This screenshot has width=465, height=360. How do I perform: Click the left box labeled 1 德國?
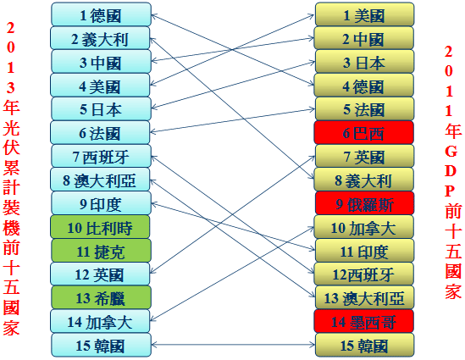(x=101, y=14)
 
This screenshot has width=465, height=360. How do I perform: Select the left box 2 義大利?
(x=100, y=38)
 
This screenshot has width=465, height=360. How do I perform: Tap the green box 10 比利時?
(x=100, y=227)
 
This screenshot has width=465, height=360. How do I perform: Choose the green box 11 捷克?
(x=101, y=251)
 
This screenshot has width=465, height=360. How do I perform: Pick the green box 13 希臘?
(x=101, y=297)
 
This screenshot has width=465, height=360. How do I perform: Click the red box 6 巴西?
(x=364, y=132)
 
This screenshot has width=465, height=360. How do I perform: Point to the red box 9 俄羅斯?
(x=364, y=203)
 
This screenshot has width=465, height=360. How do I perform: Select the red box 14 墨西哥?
(x=364, y=321)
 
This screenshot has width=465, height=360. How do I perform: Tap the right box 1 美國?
(x=364, y=14)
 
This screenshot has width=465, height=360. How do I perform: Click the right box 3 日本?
(x=364, y=61)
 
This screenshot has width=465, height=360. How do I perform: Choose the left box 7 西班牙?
(x=101, y=156)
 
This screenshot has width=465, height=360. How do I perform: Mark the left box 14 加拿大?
(x=100, y=321)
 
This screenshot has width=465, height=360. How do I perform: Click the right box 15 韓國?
(x=364, y=345)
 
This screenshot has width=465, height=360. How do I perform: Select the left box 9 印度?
(x=101, y=203)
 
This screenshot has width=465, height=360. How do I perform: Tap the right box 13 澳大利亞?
(x=364, y=297)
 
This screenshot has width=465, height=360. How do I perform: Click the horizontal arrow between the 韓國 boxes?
(x=233, y=345)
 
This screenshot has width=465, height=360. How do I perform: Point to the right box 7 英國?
(x=364, y=156)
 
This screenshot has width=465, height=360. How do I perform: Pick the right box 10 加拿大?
(x=364, y=227)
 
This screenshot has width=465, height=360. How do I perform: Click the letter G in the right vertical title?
(x=451, y=152)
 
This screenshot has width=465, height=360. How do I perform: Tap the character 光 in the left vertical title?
(x=11, y=127)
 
